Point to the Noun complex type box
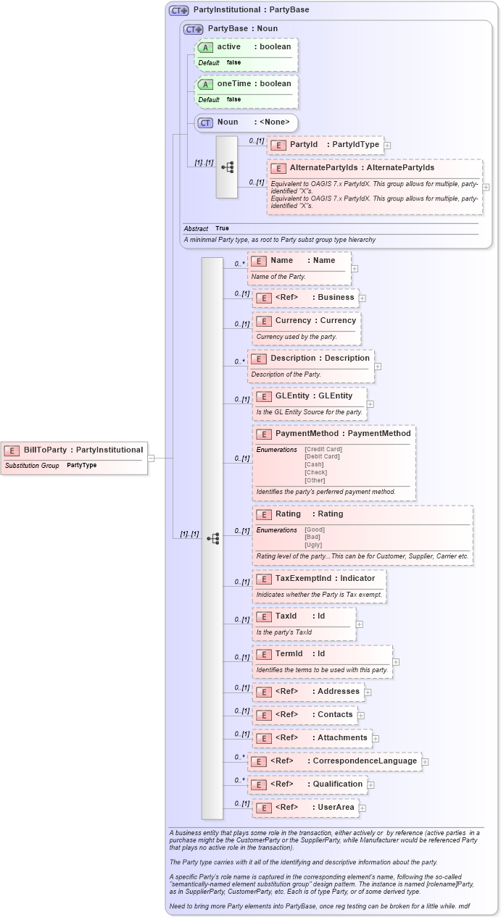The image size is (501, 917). pos(246,123)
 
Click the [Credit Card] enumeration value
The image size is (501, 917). pos(323,449)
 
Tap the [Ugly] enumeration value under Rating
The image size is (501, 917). pos(313,545)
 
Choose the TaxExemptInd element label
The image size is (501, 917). pos(325,579)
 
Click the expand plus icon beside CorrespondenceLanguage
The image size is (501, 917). pos(425,761)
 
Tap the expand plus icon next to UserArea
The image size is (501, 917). pos(363,808)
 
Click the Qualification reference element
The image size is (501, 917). pos(307,784)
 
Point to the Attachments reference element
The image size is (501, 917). pos(312,738)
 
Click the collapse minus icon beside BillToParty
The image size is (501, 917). pos(151,458)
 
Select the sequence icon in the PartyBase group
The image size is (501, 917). pos(227,167)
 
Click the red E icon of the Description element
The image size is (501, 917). pos(259,359)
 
